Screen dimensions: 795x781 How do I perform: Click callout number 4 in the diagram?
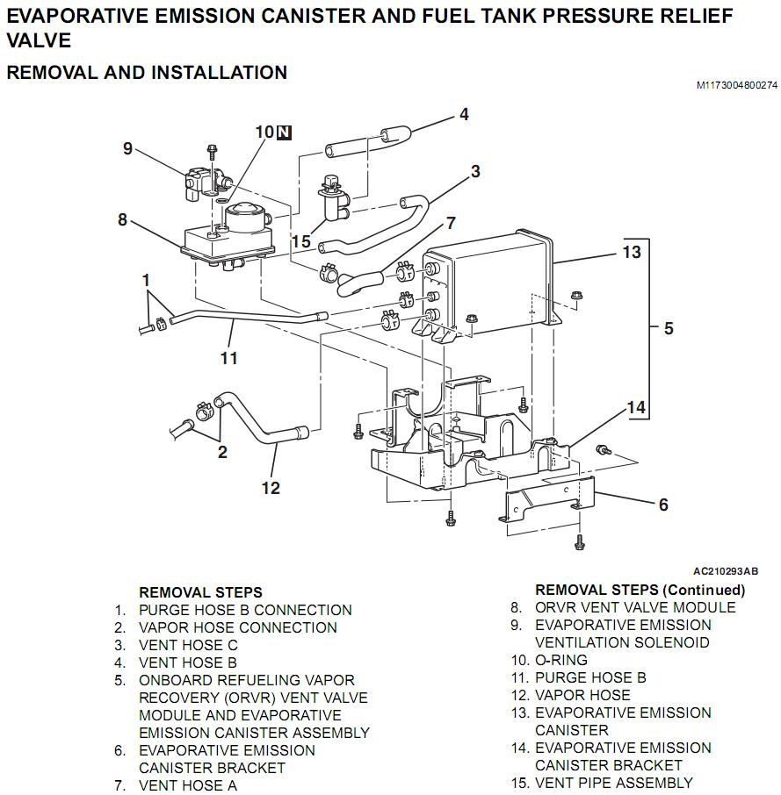tap(464, 114)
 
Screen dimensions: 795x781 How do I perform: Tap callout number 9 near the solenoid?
tap(127, 148)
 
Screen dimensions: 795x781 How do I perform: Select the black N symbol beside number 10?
tap(284, 132)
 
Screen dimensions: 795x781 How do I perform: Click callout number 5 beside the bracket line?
tap(669, 328)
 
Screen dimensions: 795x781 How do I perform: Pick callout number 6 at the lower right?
tap(663, 505)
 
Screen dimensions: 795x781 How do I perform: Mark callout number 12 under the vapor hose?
tap(271, 488)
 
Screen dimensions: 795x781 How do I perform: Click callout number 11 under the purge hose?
tap(229, 358)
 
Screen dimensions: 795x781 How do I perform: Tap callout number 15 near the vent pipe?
tap(301, 241)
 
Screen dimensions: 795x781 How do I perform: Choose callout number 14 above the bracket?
tap(636, 407)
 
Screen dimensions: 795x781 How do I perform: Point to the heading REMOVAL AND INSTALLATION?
tap(147, 72)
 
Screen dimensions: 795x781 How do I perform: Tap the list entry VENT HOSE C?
tap(188, 645)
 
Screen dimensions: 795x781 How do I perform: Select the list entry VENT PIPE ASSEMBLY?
tap(613, 783)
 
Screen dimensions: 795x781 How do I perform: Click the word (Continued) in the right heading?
tap(703, 590)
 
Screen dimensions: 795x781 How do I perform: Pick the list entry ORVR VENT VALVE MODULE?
tap(635, 607)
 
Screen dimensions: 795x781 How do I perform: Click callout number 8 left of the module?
tap(123, 219)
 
